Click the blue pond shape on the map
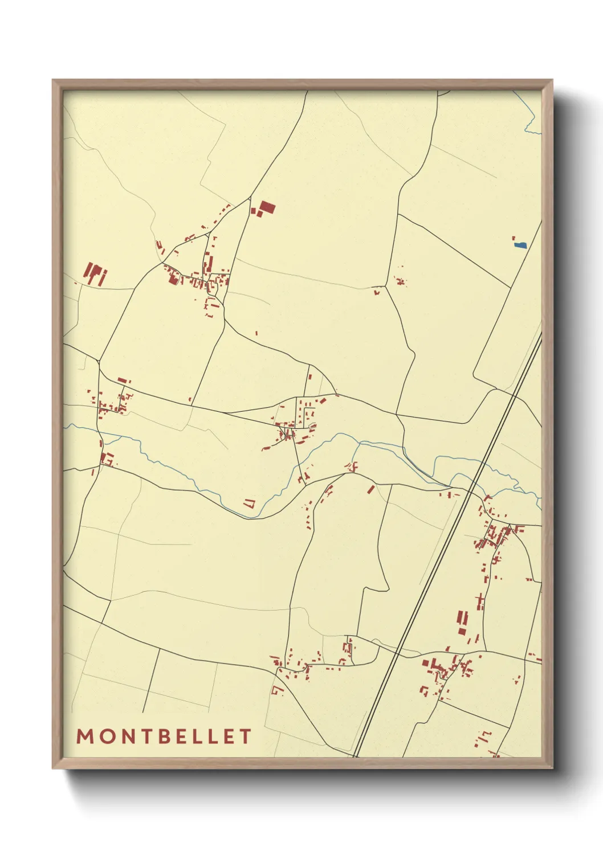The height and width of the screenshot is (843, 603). pos(520,245)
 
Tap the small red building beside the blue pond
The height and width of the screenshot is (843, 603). pos(514,238)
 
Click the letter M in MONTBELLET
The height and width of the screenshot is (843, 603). pos(85,736)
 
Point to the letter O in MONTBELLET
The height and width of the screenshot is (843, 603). pos(106,736)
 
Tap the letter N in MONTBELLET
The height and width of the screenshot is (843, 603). pos(127,736)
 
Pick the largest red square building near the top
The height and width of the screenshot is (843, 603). pos(266,207)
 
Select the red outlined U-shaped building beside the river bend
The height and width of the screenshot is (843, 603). pos(249,503)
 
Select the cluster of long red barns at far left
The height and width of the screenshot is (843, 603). pos(95,274)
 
